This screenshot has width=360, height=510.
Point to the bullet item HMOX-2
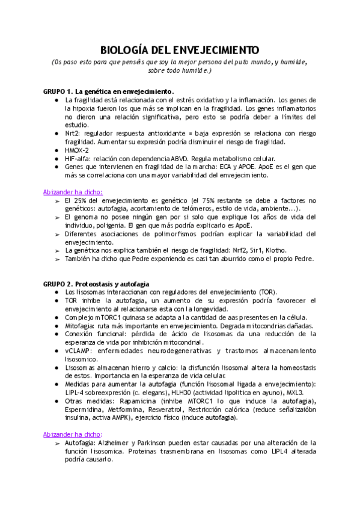pos(78,150)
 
